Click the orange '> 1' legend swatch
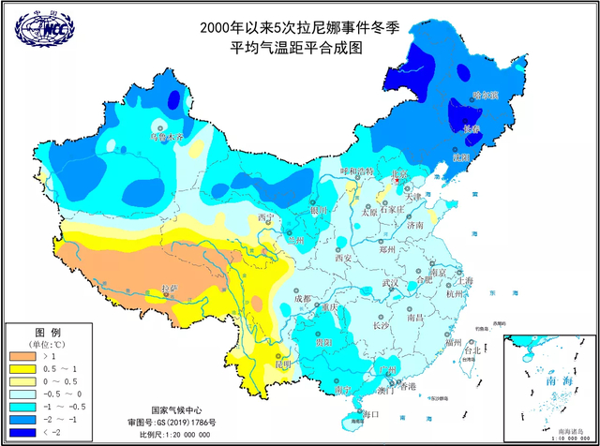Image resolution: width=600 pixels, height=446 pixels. (25, 357)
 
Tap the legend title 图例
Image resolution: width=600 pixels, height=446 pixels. (48, 333)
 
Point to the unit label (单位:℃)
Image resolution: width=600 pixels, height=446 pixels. (48, 344)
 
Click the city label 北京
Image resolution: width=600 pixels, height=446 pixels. (400, 174)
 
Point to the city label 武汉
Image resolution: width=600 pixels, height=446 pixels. (392, 283)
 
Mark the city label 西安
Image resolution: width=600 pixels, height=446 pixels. (342, 258)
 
